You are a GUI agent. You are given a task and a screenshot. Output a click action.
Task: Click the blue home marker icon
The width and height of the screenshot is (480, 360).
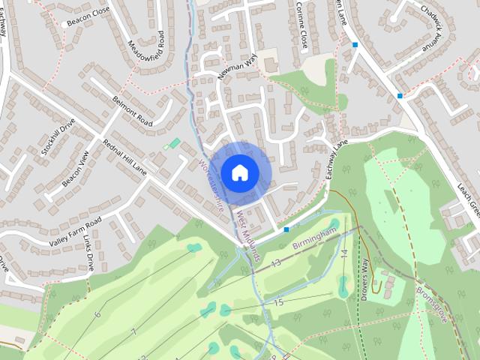point(239,172)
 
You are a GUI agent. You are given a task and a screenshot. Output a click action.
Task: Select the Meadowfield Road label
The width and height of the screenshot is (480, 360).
point(146,53)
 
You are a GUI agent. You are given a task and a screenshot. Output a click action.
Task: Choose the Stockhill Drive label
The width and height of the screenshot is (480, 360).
point(58,136)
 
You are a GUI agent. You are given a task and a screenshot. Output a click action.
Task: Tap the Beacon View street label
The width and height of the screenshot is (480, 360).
point(75,169)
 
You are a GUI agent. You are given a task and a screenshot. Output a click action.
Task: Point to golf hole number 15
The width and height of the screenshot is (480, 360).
point(278,302)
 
